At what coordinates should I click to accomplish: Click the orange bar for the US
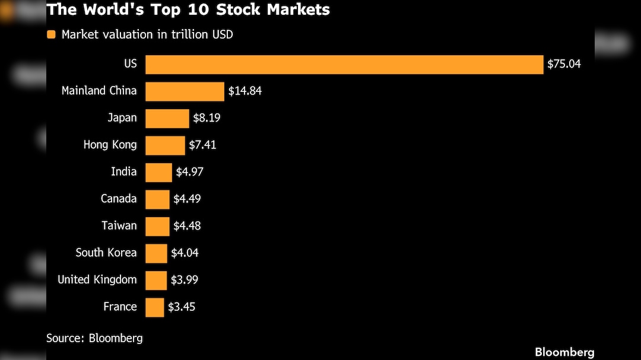coord(344,64)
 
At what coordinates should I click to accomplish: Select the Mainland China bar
coord(185,91)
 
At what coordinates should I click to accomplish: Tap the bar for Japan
coord(167,118)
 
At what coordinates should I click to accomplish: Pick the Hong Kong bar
coord(165,145)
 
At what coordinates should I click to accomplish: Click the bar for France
coord(154,307)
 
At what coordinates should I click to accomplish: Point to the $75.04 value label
coord(564,64)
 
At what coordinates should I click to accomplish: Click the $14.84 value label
coord(245,91)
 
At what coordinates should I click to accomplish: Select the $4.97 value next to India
coord(189,172)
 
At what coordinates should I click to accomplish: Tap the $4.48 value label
coord(187,226)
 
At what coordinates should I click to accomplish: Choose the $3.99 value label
coord(185,280)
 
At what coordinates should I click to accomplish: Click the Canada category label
coord(119,199)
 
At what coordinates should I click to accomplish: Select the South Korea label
coord(106,253)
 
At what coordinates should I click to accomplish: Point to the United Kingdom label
coord(97,279)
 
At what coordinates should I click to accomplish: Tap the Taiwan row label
coord(119,225)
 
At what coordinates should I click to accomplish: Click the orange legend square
coord(51,34)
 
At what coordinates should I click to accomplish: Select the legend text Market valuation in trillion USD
coord(147,34)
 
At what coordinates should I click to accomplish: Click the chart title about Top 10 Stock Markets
coord(188,9)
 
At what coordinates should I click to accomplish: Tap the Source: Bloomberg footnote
coord(94,338)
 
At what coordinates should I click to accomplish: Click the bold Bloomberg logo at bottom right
coord(564,352)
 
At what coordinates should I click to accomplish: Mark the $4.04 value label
coord(185,253)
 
